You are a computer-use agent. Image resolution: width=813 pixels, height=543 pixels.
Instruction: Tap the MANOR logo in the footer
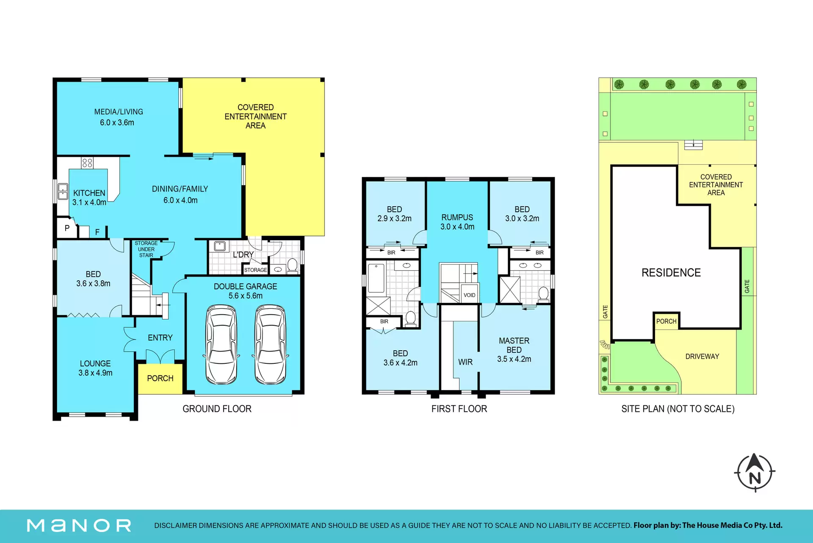tap(79, 526)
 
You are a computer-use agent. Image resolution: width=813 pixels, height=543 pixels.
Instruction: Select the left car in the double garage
tap(221, 344)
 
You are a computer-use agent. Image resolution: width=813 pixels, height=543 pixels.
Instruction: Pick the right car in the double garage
tap(270, 344)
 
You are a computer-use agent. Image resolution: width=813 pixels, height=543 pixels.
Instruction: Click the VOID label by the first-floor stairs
tap(469, 295)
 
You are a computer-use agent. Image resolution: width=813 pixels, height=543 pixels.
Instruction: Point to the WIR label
tap(465, 362)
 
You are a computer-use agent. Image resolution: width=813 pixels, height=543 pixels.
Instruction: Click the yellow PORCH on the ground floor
tap(160, 378)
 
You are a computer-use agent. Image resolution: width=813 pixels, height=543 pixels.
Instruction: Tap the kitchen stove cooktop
tap(87, 163)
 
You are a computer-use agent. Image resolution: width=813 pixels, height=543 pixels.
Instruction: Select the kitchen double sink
tap(63, 191)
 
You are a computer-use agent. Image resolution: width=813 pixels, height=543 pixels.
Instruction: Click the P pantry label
tap(67, 228)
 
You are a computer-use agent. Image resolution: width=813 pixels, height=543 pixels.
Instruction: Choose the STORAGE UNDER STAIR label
tap(146, 249)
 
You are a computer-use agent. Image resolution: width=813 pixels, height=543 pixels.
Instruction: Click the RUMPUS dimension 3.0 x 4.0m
tap(457, 227)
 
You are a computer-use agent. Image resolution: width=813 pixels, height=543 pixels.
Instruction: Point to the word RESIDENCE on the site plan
tap(671, 272)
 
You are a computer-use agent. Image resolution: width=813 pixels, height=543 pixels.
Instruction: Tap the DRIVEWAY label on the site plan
tap(702, 357)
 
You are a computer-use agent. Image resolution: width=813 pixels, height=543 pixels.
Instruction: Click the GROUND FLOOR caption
tap(217, 409)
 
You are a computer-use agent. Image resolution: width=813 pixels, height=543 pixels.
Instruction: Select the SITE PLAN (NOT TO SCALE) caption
tap(678, 409)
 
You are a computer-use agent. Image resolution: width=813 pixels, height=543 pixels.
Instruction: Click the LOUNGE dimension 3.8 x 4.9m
tap(95, 373)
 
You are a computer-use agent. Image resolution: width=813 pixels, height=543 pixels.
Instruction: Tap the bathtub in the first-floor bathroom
tap(376, 278)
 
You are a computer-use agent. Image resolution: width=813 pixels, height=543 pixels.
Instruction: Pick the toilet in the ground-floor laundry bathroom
tap(292, 266)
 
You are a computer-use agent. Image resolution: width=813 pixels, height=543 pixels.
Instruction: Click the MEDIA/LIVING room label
tap(119, 112)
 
